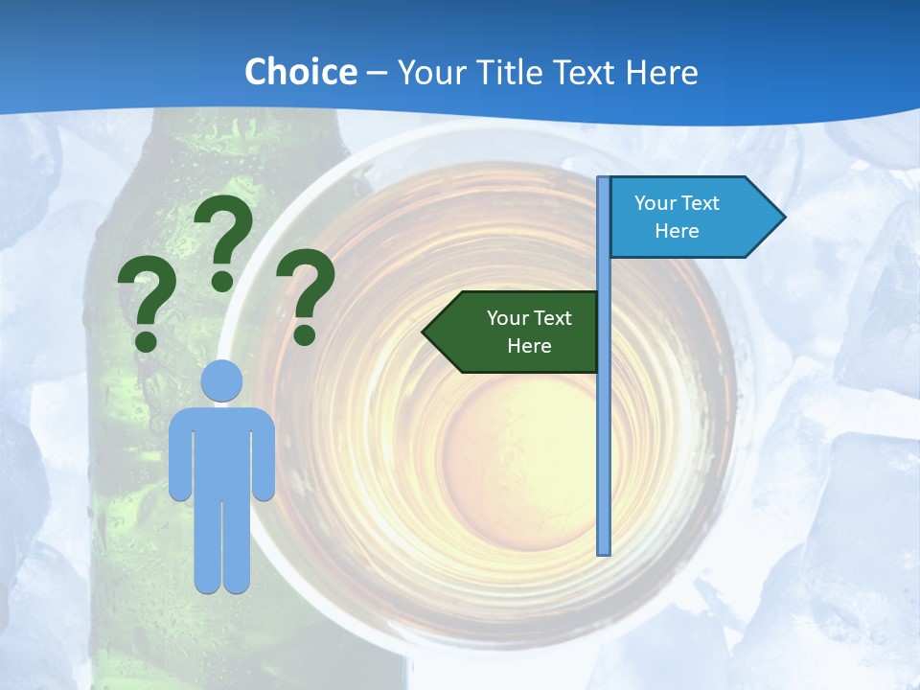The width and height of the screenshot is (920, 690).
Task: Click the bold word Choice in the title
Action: coord(300,72)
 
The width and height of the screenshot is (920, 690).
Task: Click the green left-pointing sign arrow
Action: coord(513,332)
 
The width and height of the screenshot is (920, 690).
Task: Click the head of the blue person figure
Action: coord(222,380)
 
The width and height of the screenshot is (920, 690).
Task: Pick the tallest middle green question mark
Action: coord(225,240)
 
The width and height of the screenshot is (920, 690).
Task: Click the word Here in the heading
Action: coord(661,72)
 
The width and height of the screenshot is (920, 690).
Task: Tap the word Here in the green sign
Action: coord(529,346)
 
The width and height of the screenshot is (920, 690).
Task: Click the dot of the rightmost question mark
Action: coord(305,334)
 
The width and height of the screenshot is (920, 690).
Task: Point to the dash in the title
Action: coord(377,73)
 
